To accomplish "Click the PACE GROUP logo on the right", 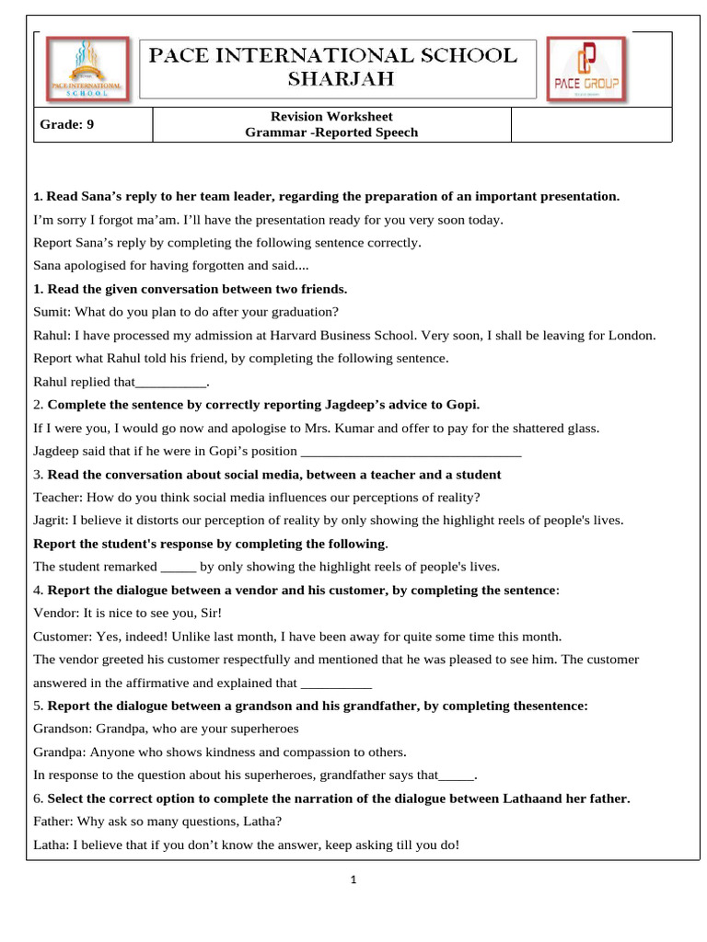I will point(585,68).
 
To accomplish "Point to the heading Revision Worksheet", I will point(331,117).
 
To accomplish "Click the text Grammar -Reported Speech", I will point(331,132).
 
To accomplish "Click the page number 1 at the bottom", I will point(353,879).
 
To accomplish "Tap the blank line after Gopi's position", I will point(411,451).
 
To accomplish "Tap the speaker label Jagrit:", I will point(51,520).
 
